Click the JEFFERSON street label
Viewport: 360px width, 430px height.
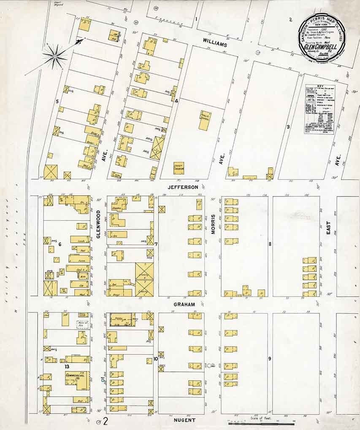point(182,187)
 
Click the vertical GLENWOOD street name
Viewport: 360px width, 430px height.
point(98,224)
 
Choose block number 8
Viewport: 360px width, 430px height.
point(270,244)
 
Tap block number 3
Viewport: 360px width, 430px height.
point(288,126)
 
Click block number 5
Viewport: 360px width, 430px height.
point(57,101)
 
